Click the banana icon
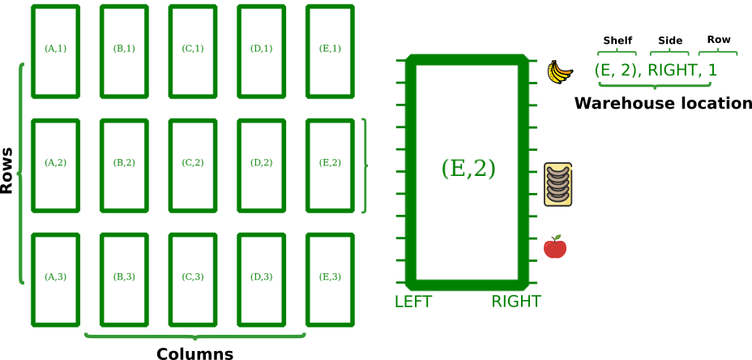(x=558, y=71)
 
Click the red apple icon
(x=555, y=247)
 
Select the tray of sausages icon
(x=558, y=184)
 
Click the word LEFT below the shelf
(x=413, y=302)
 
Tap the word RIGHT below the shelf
(x=515, y=302)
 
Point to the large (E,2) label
(x=468, y=169)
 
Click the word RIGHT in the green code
(x=672, y=71)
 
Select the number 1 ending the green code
(x=712, y=71)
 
